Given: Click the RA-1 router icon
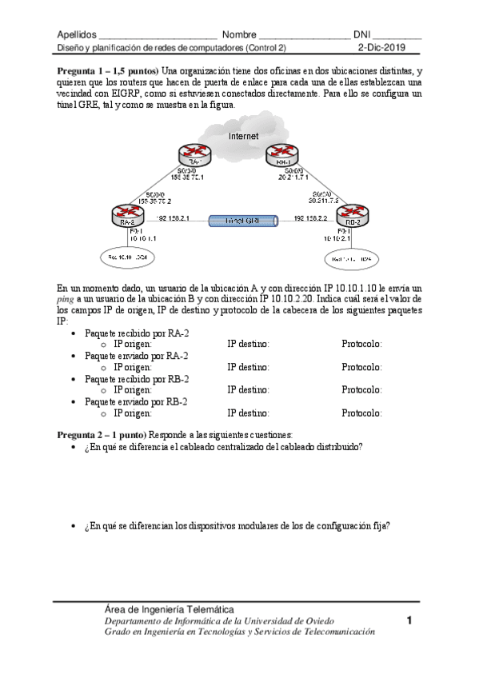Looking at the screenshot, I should (x=193, y=153).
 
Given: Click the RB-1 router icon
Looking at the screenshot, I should (x=281, y=153).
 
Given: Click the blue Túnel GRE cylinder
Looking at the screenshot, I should (x=241, y=219).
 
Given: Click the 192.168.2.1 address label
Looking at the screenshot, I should (x=174, y=217).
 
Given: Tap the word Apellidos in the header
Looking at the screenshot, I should (x=77, y=35).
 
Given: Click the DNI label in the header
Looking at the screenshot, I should (x=373, y=35).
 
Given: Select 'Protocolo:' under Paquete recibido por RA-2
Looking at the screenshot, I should (x=361, y=345).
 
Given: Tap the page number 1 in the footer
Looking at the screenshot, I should (x=409, y=620).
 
